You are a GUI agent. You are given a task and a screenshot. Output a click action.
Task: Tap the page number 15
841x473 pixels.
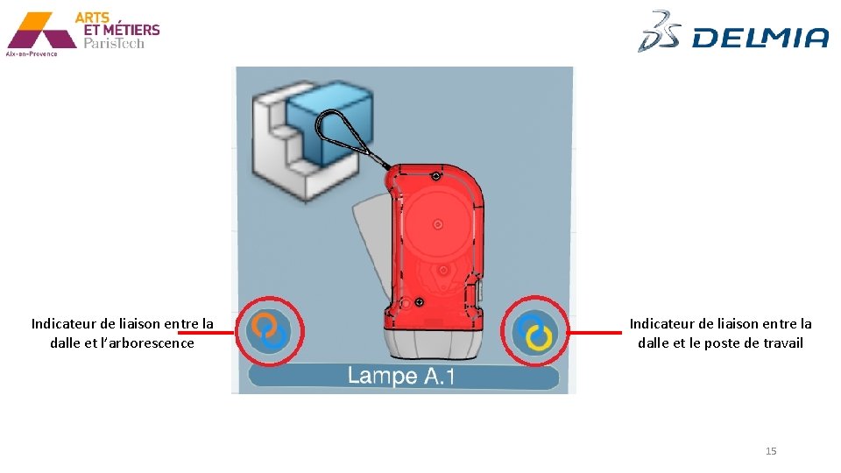pyautogui.click(x=771, y=451)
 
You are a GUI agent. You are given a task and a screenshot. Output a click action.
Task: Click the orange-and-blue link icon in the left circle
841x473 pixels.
pyautogui.click(x=268, y=332)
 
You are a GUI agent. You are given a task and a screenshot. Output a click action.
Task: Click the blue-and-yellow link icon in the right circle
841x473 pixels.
pyautogui.click(x=535, y=333)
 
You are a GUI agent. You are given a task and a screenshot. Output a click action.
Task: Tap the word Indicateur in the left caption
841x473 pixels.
pyautogui.click(x=66, y=324)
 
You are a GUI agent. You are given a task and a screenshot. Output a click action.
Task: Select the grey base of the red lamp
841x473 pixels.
pyautogui.click(x=428, y=337)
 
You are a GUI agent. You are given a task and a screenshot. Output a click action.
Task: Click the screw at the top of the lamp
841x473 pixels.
pyautogui.click(x=435, y=176)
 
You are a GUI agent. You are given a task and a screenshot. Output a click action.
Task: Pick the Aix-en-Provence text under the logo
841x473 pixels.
pyautogui.click(x=32, y=53)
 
